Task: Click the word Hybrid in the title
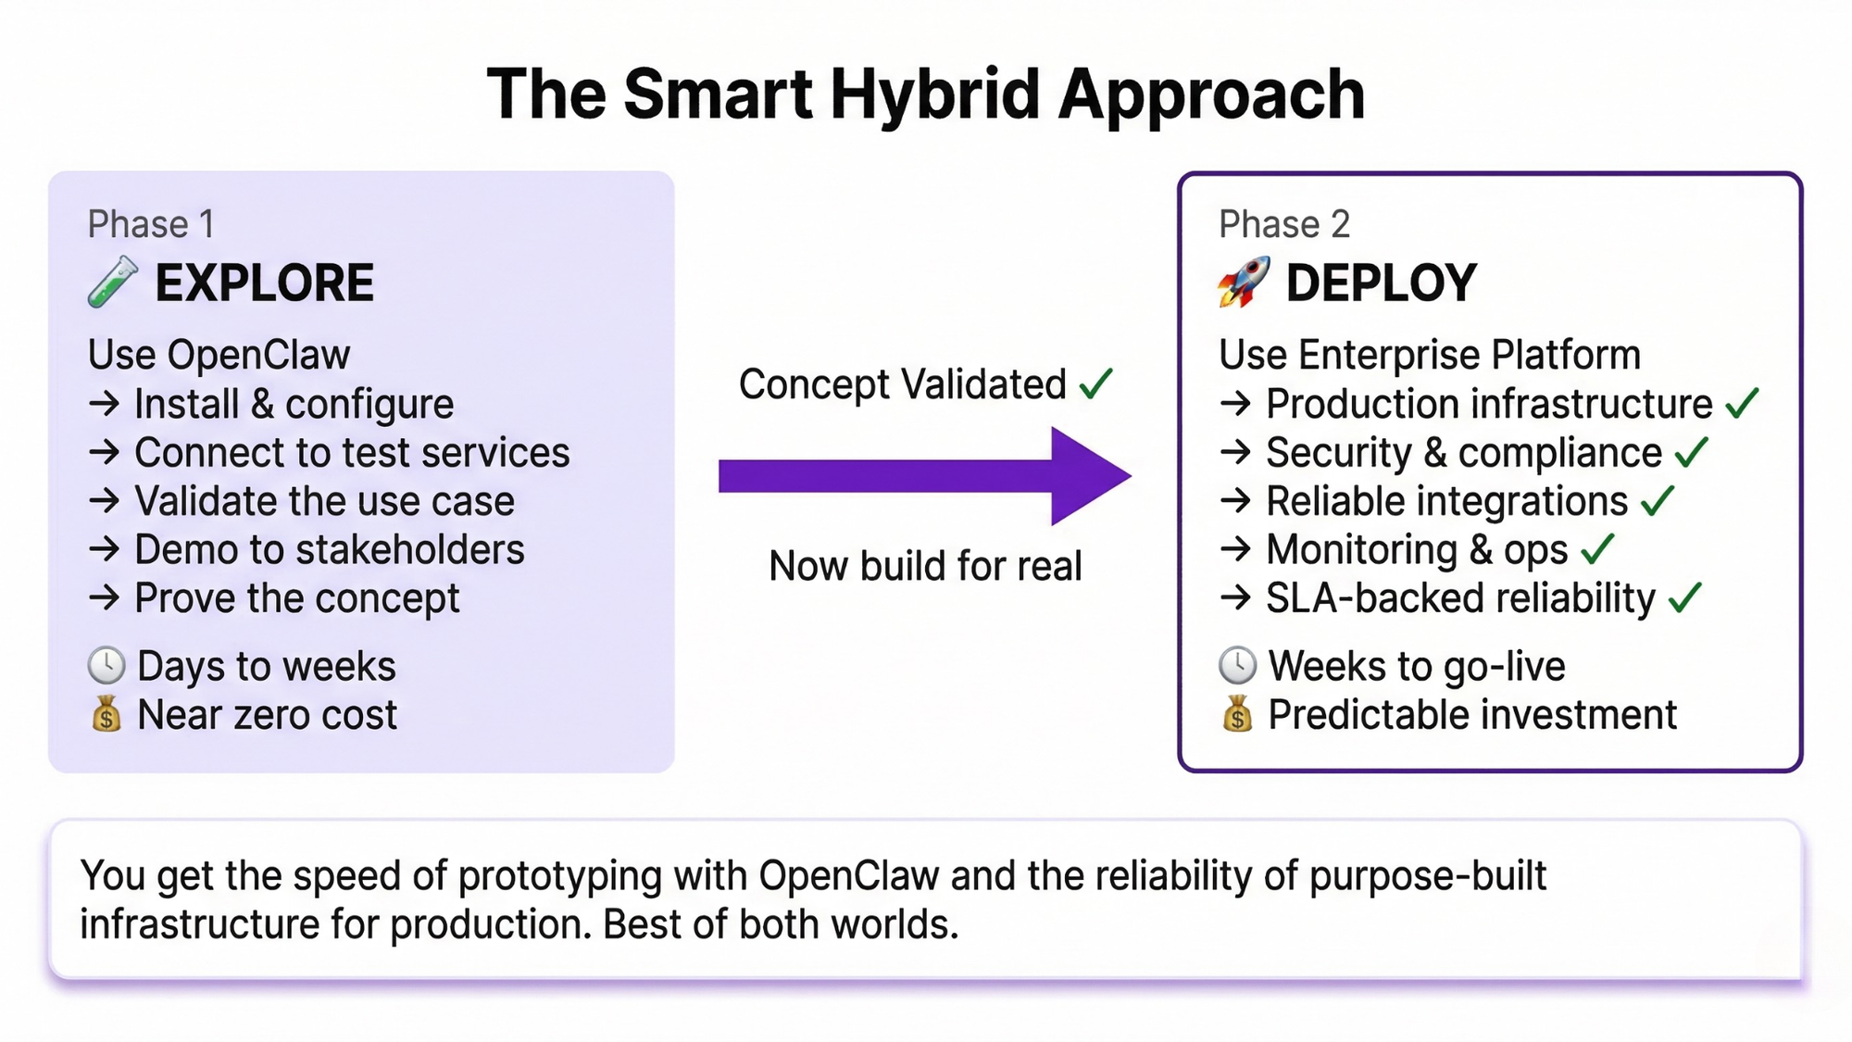click(x=935, y=95)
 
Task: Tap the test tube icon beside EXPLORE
click(x=113, y=282)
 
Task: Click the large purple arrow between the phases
click(x=925, y=476)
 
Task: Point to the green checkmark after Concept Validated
click(x=1096, y=383)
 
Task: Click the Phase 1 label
click(x=151, y=224)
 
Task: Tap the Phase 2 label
click(x=1284, y=224)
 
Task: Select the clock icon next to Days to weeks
click(x=106, y=666)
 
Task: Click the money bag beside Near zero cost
click(x=106, y=714)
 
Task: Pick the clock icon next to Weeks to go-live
click(x=1237, y=666)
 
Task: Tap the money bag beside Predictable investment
click(x=1237, y=714)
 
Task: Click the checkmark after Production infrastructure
click(x=1742, y=404)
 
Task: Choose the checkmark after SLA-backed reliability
click(x=1685, y=598)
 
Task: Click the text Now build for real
click(x=925, y=566)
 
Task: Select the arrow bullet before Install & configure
click(x=105, y=404)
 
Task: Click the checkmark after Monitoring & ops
click(x=1597, y=549)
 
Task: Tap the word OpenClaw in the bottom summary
click(x=849, y=876)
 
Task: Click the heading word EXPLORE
click(x=265, y=283)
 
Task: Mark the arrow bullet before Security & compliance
click(x=1236, y=452)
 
